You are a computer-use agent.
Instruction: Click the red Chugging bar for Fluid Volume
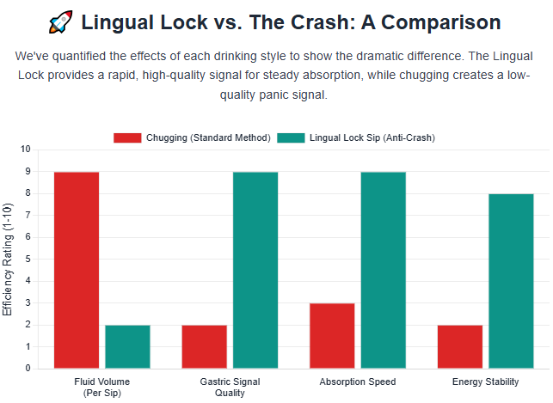click(x=77, y=270)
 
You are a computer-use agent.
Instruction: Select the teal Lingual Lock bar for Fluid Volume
click(x=127, y=346)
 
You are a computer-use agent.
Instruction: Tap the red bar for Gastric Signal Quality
click(x=205, y=346)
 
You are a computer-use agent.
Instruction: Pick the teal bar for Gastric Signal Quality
click(x=255, y=270)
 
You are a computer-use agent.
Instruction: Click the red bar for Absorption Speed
click(x=332, y=335)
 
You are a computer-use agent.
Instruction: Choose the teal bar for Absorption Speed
click(x=383, y=270)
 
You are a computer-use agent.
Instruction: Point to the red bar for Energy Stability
click(x=460, y=346)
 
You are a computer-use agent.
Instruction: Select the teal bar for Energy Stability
click(x=511, y=281)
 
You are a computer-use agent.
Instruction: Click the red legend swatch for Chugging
click(x=127, y=137)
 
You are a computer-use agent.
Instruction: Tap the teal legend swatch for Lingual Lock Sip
click(x=291, y=137)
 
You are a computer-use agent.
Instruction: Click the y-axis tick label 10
click(x=25, y=150)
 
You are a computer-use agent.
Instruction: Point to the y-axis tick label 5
click(x=28, y=259)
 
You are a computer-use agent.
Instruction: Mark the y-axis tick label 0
click(x=28, y=369)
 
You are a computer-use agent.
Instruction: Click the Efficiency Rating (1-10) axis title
click(x=9, y=259)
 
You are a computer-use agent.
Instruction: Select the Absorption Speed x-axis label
click(x=358, y=382)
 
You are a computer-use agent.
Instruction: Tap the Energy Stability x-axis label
click(x=485, y=382)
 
